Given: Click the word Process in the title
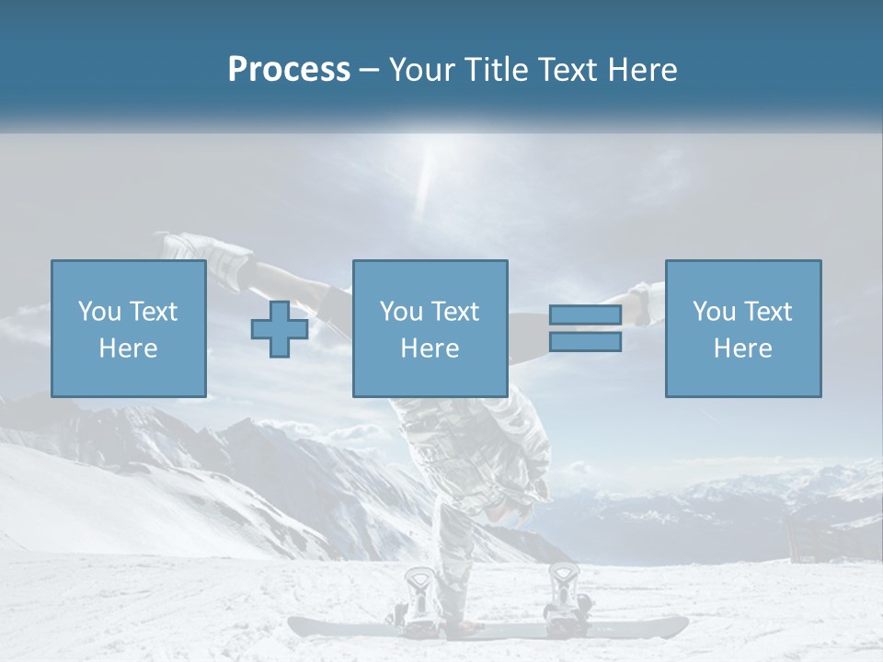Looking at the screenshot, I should click(289, 70).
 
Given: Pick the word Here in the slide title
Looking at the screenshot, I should click(643, 70).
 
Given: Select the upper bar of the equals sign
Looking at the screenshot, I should click(585, 315).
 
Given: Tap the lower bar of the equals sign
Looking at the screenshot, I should click(585, 342).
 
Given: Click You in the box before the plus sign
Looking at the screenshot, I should click(99, 312).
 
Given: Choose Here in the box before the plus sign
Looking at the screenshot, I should click(128, 348).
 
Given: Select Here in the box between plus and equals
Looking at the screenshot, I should click(430, 348).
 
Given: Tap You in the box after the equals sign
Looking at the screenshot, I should click(714, 312).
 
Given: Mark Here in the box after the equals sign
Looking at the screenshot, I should click(742, 348).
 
